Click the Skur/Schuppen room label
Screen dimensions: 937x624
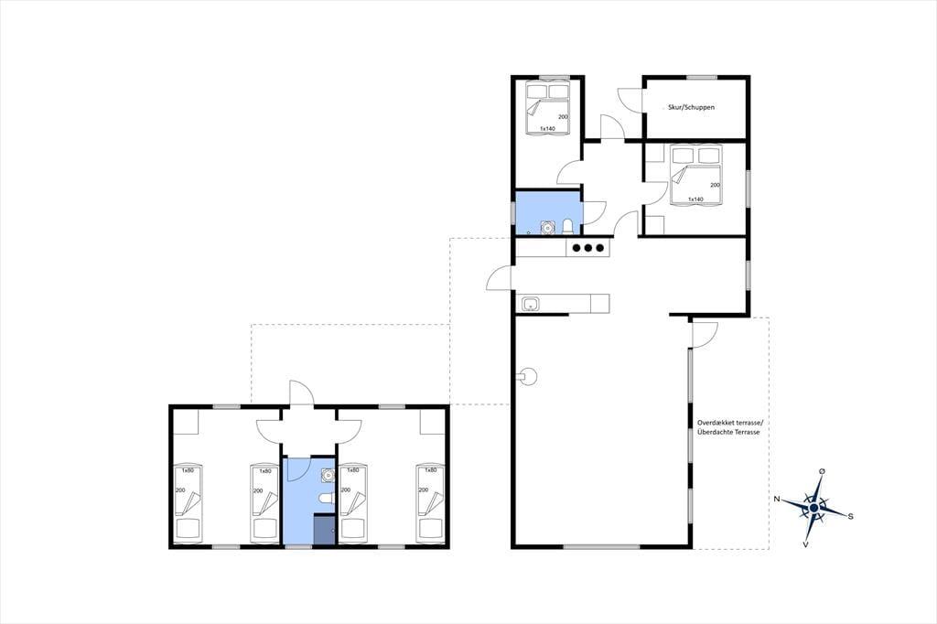coord(691,108)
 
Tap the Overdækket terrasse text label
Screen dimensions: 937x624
coord(729,424)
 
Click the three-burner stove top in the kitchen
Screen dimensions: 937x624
coord(588,248)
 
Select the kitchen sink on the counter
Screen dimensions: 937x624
coord(531,305)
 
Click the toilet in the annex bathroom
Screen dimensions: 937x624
coord(325,498)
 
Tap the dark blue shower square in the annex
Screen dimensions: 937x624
coord(325,530)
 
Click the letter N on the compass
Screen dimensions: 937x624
coord(777,499)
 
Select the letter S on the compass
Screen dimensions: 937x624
coord(850,516)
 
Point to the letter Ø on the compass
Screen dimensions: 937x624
coord(823,471)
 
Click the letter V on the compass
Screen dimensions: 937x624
coord(805,544)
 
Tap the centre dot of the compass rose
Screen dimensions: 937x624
coord(813,508)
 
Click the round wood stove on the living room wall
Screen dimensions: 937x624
coord(528,377)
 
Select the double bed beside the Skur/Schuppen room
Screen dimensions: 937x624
coord(547,108)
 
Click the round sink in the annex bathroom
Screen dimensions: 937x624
coord(327,475)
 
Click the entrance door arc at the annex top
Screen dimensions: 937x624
coord(301,393)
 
